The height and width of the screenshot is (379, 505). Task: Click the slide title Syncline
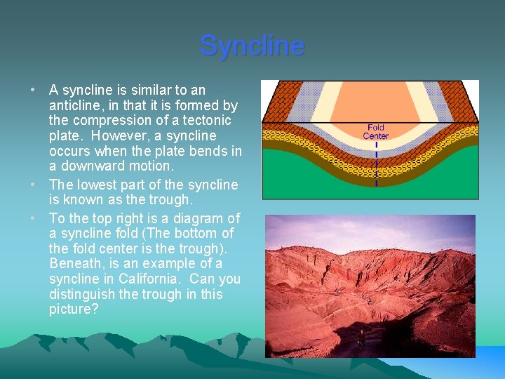click(x=252, y=46)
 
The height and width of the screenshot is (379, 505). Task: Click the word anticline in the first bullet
click(x=75, y=105)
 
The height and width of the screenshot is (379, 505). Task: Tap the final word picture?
click(x=74, y=310)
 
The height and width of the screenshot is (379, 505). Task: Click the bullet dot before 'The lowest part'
click(x=34, y=185)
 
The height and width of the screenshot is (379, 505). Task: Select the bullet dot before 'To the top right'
click(x=34, y=218)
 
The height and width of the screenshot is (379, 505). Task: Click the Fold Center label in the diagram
click(x=375, y=131)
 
